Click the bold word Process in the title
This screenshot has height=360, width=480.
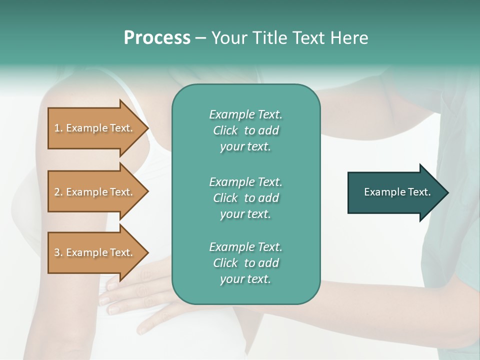(x=157, y=38)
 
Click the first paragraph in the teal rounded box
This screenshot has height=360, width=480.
(x=245, y=130)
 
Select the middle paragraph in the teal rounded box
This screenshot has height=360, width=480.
(x=245, y=198)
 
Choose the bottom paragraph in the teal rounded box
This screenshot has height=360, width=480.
(x=245, y=263)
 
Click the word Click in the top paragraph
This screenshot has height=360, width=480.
(x=225, y=130)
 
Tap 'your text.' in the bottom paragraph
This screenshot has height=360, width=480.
(x=245, y=279)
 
